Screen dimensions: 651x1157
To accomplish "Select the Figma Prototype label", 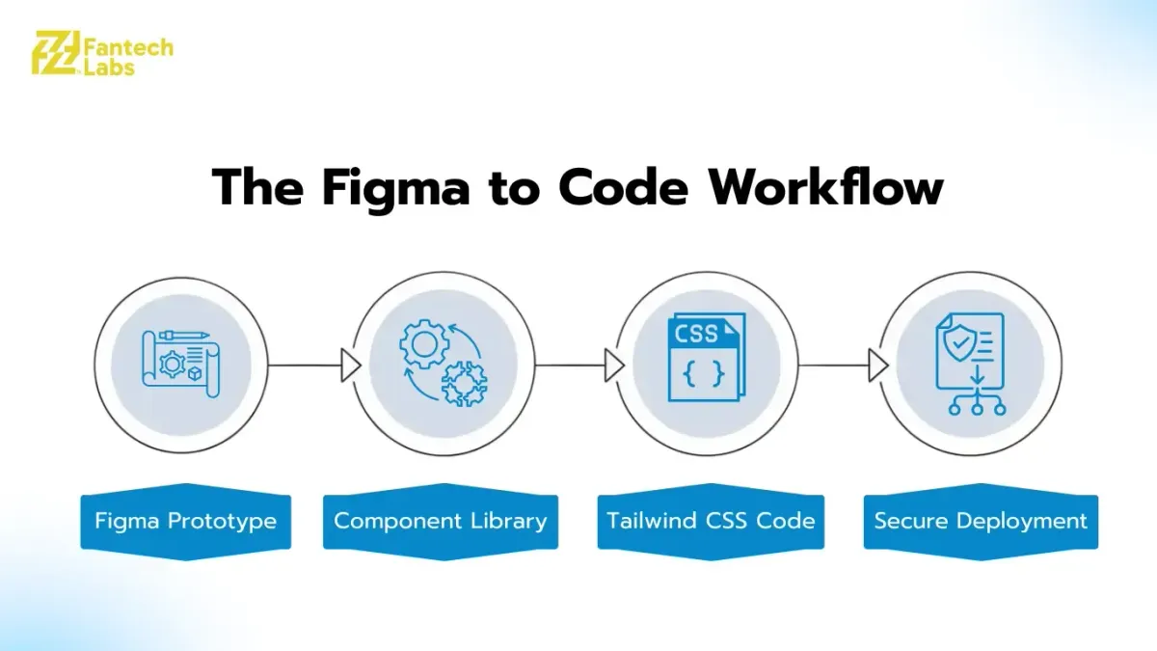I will (x=185, y=521).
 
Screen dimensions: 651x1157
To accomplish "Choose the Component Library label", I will (x=440, y=521).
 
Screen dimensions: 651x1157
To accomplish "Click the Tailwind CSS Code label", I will (x=711, y=521).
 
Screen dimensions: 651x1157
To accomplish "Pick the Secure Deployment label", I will (x=981, y=521).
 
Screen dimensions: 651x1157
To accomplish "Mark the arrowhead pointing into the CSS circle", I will (x=615, y=366).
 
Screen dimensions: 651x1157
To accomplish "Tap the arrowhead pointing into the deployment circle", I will (x=878, y=366).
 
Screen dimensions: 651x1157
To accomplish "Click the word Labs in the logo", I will (x=108, y=68).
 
